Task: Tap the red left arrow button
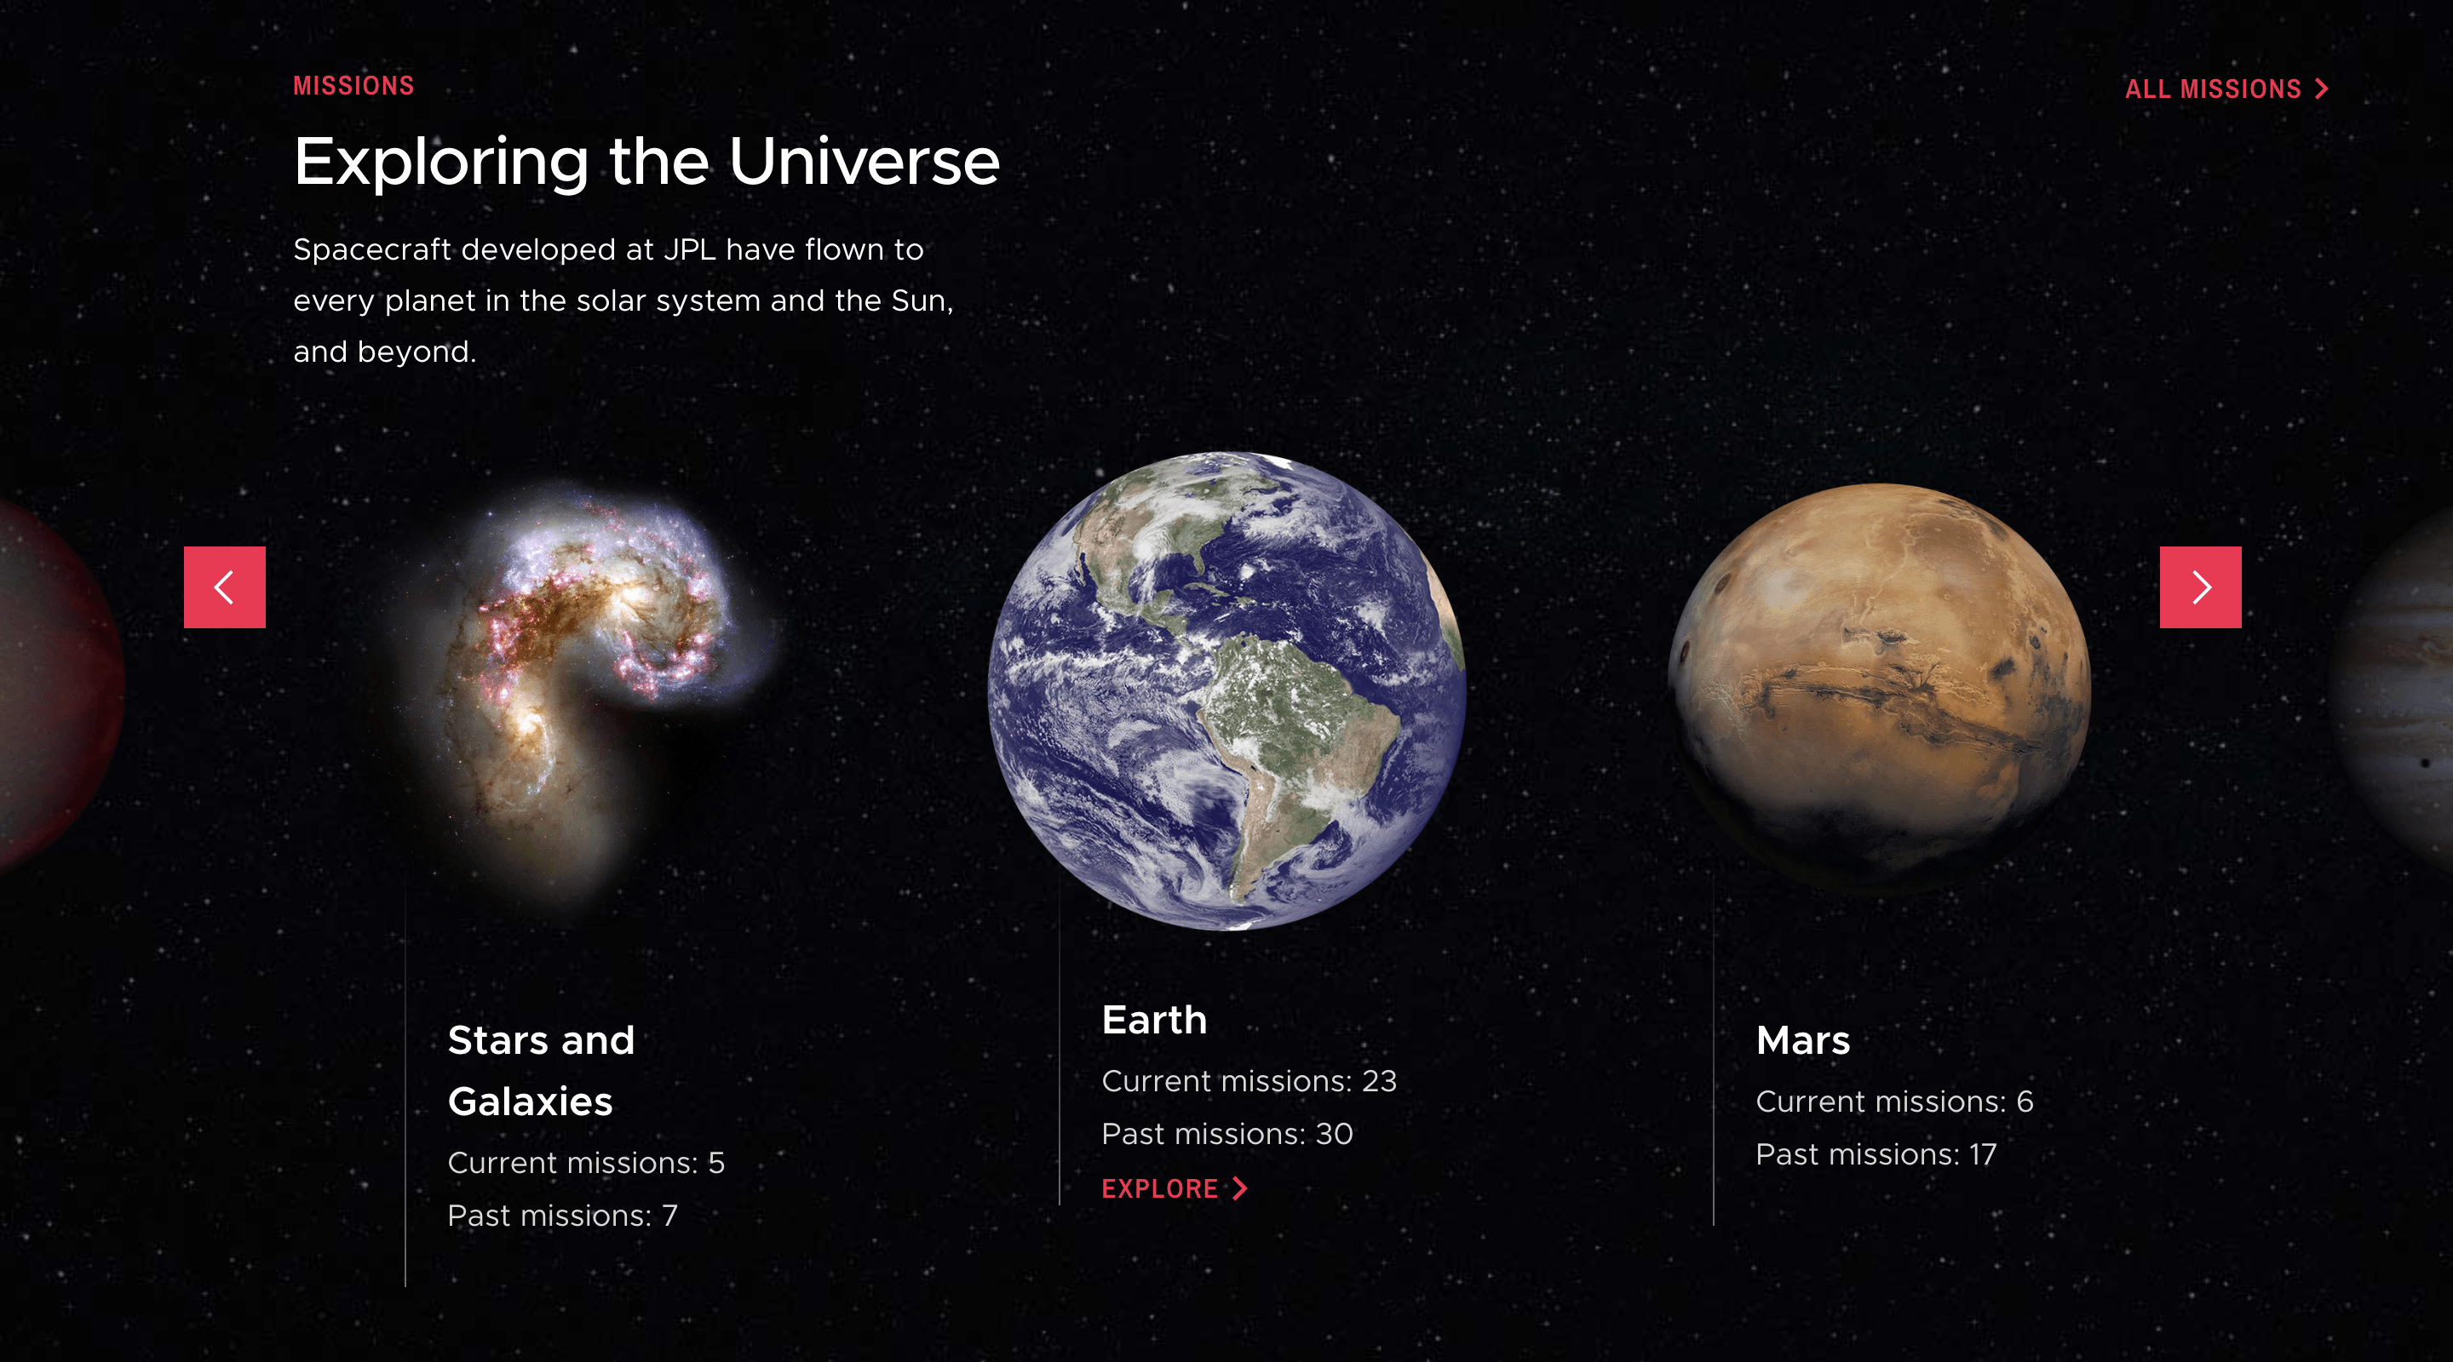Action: pos(225,587)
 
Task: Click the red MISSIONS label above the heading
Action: pos(353,86)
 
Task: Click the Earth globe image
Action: pos(1226,690)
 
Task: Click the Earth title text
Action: pos(1154,1021)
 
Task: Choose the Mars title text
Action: pos(1802,1040)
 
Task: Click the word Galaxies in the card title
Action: pos(530,1102)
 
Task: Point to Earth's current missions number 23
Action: pos(1379,1081)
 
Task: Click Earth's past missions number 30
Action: pos(1333,1134)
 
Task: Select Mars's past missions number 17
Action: pos(1982,1154)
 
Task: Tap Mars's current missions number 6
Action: pos(2025,1102)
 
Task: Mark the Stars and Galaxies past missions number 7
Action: pos(669,1216)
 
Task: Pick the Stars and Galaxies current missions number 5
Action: pos(716,1162)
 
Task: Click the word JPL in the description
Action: pos(689,249)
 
